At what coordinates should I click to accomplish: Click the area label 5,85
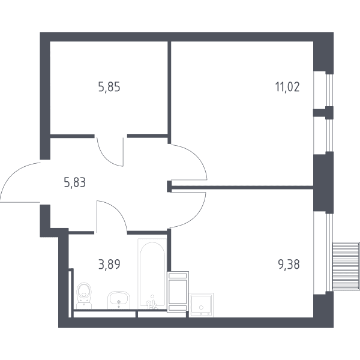click(x=109, y=87)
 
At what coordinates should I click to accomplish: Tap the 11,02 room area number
click(x=287, y=87)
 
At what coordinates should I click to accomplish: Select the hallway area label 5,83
click(x=75, y=183)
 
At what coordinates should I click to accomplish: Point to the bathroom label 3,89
click(x=109, y=264)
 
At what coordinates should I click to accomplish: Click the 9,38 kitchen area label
click(x=289, y=264)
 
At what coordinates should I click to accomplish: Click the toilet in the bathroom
click(x=84, y=295)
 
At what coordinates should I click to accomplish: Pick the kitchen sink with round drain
click(x=201, y=305)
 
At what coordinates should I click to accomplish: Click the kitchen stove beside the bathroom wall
click(x=178, y=292)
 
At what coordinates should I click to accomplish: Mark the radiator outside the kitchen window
click(x=346, y=266)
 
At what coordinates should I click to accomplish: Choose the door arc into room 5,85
click(x=106, y=159)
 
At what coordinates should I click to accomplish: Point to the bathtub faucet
click(x=152, y=304)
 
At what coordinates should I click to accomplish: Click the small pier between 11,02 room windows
click(x=323, y=113)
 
